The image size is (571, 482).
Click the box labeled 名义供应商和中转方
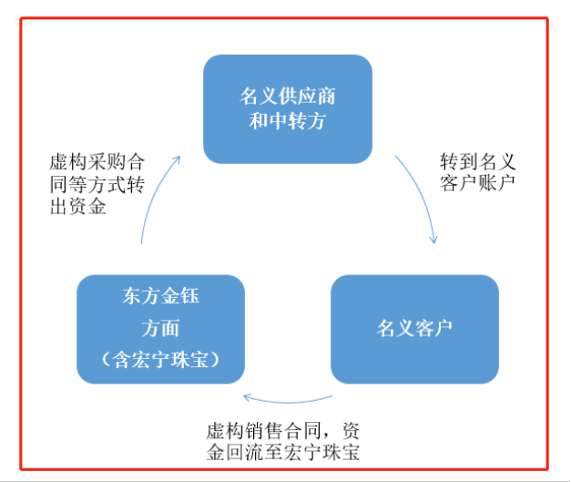tap(287, 108)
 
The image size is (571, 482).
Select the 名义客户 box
tap(414, 327)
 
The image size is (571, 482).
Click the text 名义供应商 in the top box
tap(287, 97)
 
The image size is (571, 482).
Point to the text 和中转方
tap(287, 121)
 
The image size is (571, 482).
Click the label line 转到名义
tap(478, 162)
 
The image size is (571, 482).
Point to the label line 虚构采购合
tap(97, 162)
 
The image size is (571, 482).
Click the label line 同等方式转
tap(97, 185)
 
